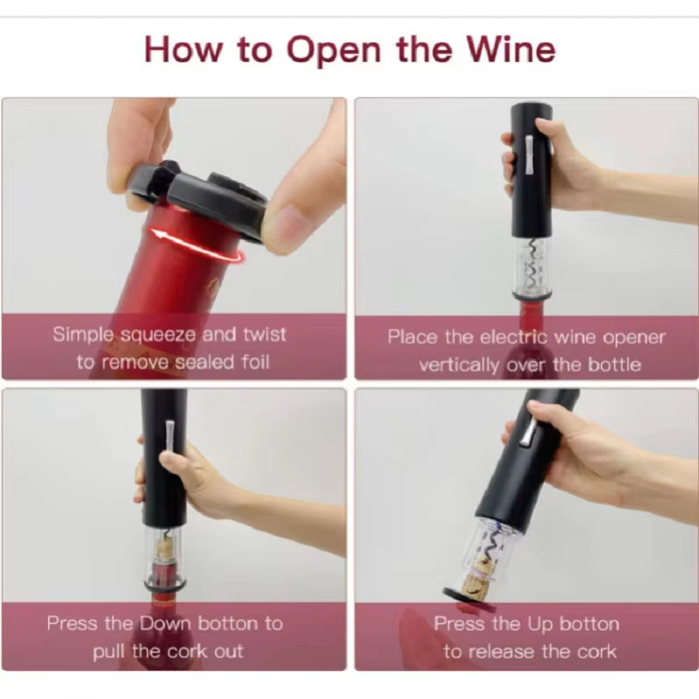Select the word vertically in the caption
pyautogui.click(x=460, y=364)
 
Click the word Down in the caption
pyautogui.click(x=166, y=623)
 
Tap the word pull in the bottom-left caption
pyautogui.click(x=112, y=651)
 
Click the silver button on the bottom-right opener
pyautogui.click(x=526, y=430)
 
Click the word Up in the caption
pyautogui.click(x=539, y=624)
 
